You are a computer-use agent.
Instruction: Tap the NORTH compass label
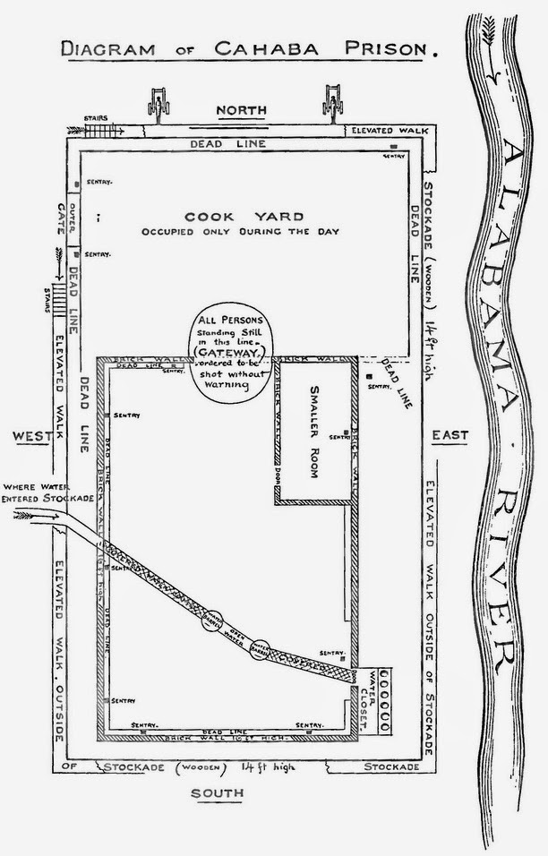tap(242, 110)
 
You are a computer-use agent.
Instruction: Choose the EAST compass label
tap(450, 435)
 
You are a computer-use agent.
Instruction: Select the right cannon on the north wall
tap(333, 105)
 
